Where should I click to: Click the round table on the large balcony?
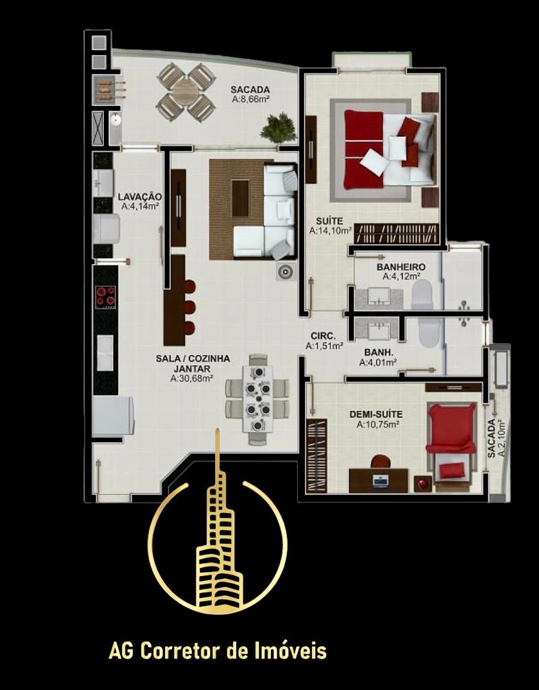[x=187, y=92]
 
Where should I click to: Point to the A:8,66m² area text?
[x=251, y=100]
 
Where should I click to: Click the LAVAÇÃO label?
[x=140, y=197]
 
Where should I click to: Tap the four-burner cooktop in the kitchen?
[x=106, y=296]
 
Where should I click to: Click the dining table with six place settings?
[x=258, y=399]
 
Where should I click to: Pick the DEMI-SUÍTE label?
[x=376, y=414]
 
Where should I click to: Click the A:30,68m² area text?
[x=192, y=378]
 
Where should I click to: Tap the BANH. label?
[x=379, y=352]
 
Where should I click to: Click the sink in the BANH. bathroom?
[x=378, y=331]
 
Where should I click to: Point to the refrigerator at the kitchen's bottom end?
[x=113, y=415]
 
